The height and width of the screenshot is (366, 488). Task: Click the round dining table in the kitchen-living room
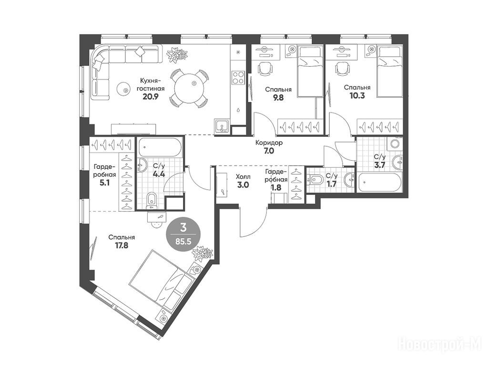pyautogui.click(x=189, y=88)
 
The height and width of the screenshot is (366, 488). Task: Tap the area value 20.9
pyautogui.click(x=151, y=96)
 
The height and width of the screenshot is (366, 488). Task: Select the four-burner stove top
pyautogui.click(x=238, y=78)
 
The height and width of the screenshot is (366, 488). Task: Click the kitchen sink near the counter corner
pyautogui.click(x=222, y=126)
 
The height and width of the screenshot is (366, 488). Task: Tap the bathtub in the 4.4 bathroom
pyautogui.click(x=160, y=147)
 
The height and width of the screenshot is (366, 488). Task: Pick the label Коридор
pyautogui.click(x=269, y=143)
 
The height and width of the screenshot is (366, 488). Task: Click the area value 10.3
pyautogui.click(x=357, y=96)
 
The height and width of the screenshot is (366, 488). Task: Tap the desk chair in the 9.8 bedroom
pyautogui.click(x=265, y=69)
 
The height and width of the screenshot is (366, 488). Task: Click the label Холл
pyautogui.click(x=243, y=177)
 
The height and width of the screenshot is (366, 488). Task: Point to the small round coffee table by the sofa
pyautogui.click(x=124, y=89)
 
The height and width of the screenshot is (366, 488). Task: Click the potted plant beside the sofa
pyautogui.click(x=178, y=54)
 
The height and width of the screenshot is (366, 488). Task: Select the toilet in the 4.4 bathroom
pyautogui.click(x=152, y=201)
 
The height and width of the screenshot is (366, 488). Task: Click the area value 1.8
pyautogui.click(x=276, y=188)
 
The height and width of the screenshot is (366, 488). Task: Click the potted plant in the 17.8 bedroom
pyautogui.click(x=202, y=253)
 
